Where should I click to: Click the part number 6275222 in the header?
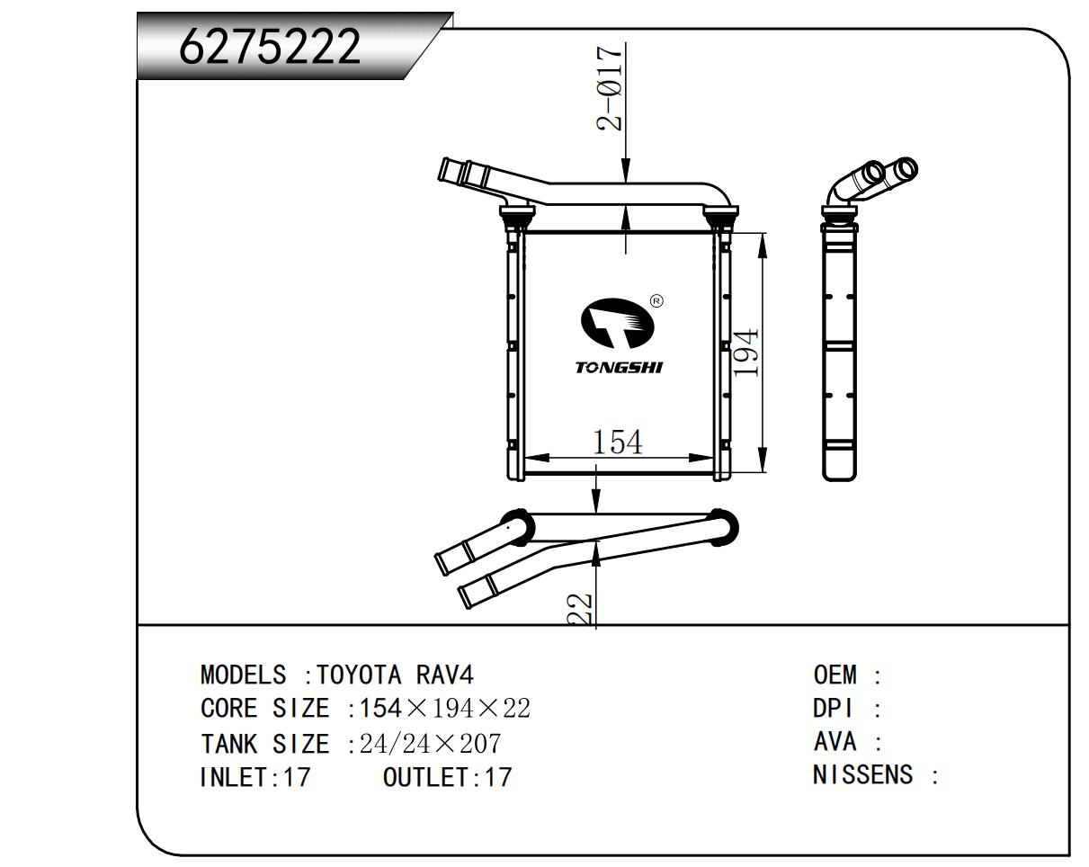[270, 47]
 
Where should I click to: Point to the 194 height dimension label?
[746, 352]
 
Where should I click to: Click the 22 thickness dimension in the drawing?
[583, 609]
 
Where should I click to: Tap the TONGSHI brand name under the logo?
[618, 367]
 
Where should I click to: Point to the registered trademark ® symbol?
[656, 301]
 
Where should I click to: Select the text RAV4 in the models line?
[444, 675]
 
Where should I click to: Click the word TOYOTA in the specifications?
[362, 675]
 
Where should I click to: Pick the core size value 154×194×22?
[445, 709]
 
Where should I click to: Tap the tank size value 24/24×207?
[430, 744]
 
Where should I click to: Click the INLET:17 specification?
[254, 777]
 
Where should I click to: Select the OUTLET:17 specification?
[447, 777]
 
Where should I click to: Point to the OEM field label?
[835, 675]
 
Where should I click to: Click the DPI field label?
[833, 709]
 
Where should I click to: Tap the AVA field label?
[835, 742]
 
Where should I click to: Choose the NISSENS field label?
[862, 774]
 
